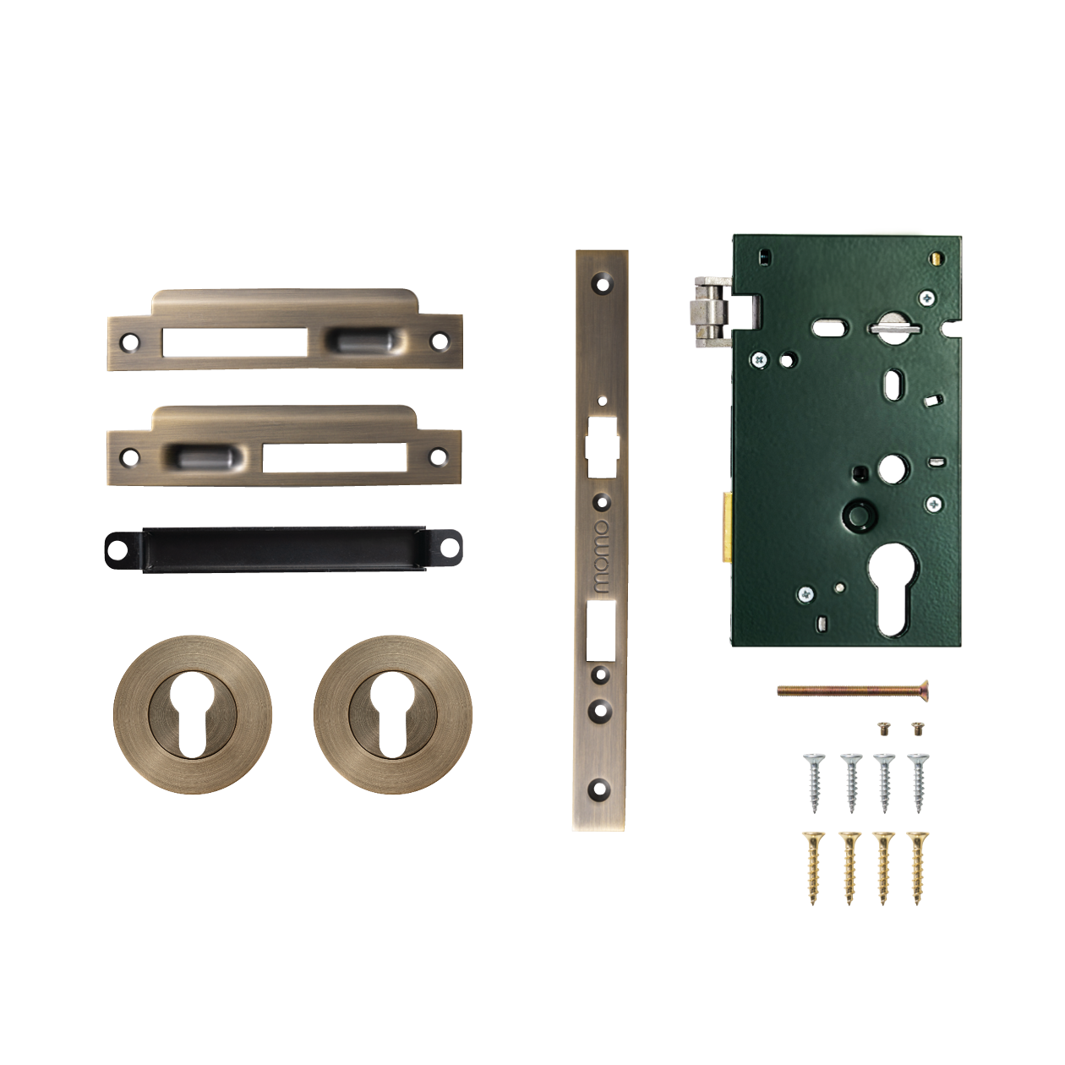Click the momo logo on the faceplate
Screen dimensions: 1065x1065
click(601, 556)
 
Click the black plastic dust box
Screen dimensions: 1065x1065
click(283, 549)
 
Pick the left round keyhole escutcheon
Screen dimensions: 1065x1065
click(193, 714)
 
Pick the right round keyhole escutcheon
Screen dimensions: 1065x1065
click(393, 714)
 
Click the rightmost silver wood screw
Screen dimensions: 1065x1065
click(919, 782)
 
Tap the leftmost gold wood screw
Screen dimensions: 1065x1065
click(814, 867)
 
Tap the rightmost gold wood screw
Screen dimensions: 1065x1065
click(917, 867)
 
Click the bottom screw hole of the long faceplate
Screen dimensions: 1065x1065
click(600, 791)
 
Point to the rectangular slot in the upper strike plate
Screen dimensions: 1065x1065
click(235, 341)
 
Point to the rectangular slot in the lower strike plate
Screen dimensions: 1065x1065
click(334, 457)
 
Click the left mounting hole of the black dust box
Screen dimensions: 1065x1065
click(117, 550)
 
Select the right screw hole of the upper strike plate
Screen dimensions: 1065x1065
click(439, 341)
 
